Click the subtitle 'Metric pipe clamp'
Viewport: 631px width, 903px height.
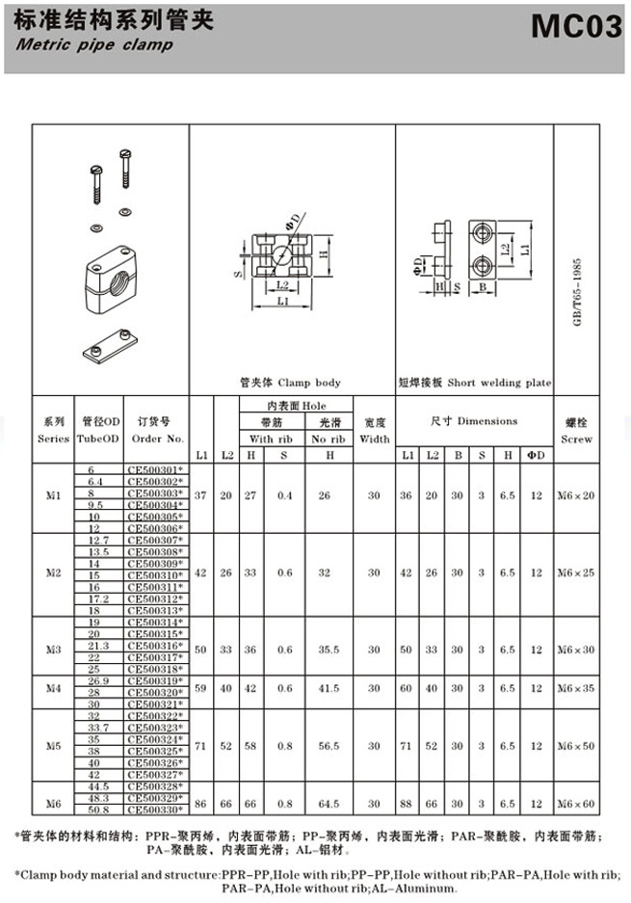[x=94, y=44]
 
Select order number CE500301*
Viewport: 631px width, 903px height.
[x=154, y=469]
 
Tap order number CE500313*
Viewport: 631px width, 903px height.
[x=154, y=610]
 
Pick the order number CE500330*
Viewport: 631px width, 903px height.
[x=154, y=810]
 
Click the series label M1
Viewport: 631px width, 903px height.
[x=53, y=496]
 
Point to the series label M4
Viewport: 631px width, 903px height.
[x=53, y=689]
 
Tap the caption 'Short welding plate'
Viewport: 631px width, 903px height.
[x=500, y=383]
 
